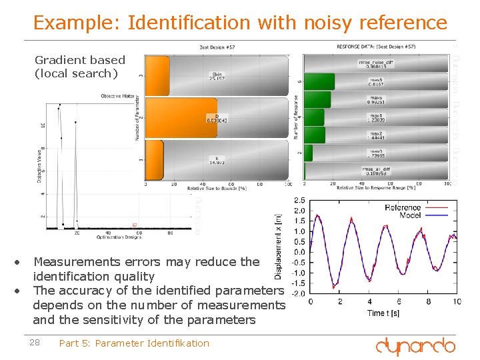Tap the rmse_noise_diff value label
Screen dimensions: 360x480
375,65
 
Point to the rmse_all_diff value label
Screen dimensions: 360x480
376,172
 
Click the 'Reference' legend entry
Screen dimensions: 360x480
403,207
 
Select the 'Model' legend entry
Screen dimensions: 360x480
410,215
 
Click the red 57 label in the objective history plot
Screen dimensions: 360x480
134,225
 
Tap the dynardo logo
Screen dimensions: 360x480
415,345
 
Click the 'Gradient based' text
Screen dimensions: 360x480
79,60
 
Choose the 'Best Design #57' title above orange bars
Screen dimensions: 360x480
217,47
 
